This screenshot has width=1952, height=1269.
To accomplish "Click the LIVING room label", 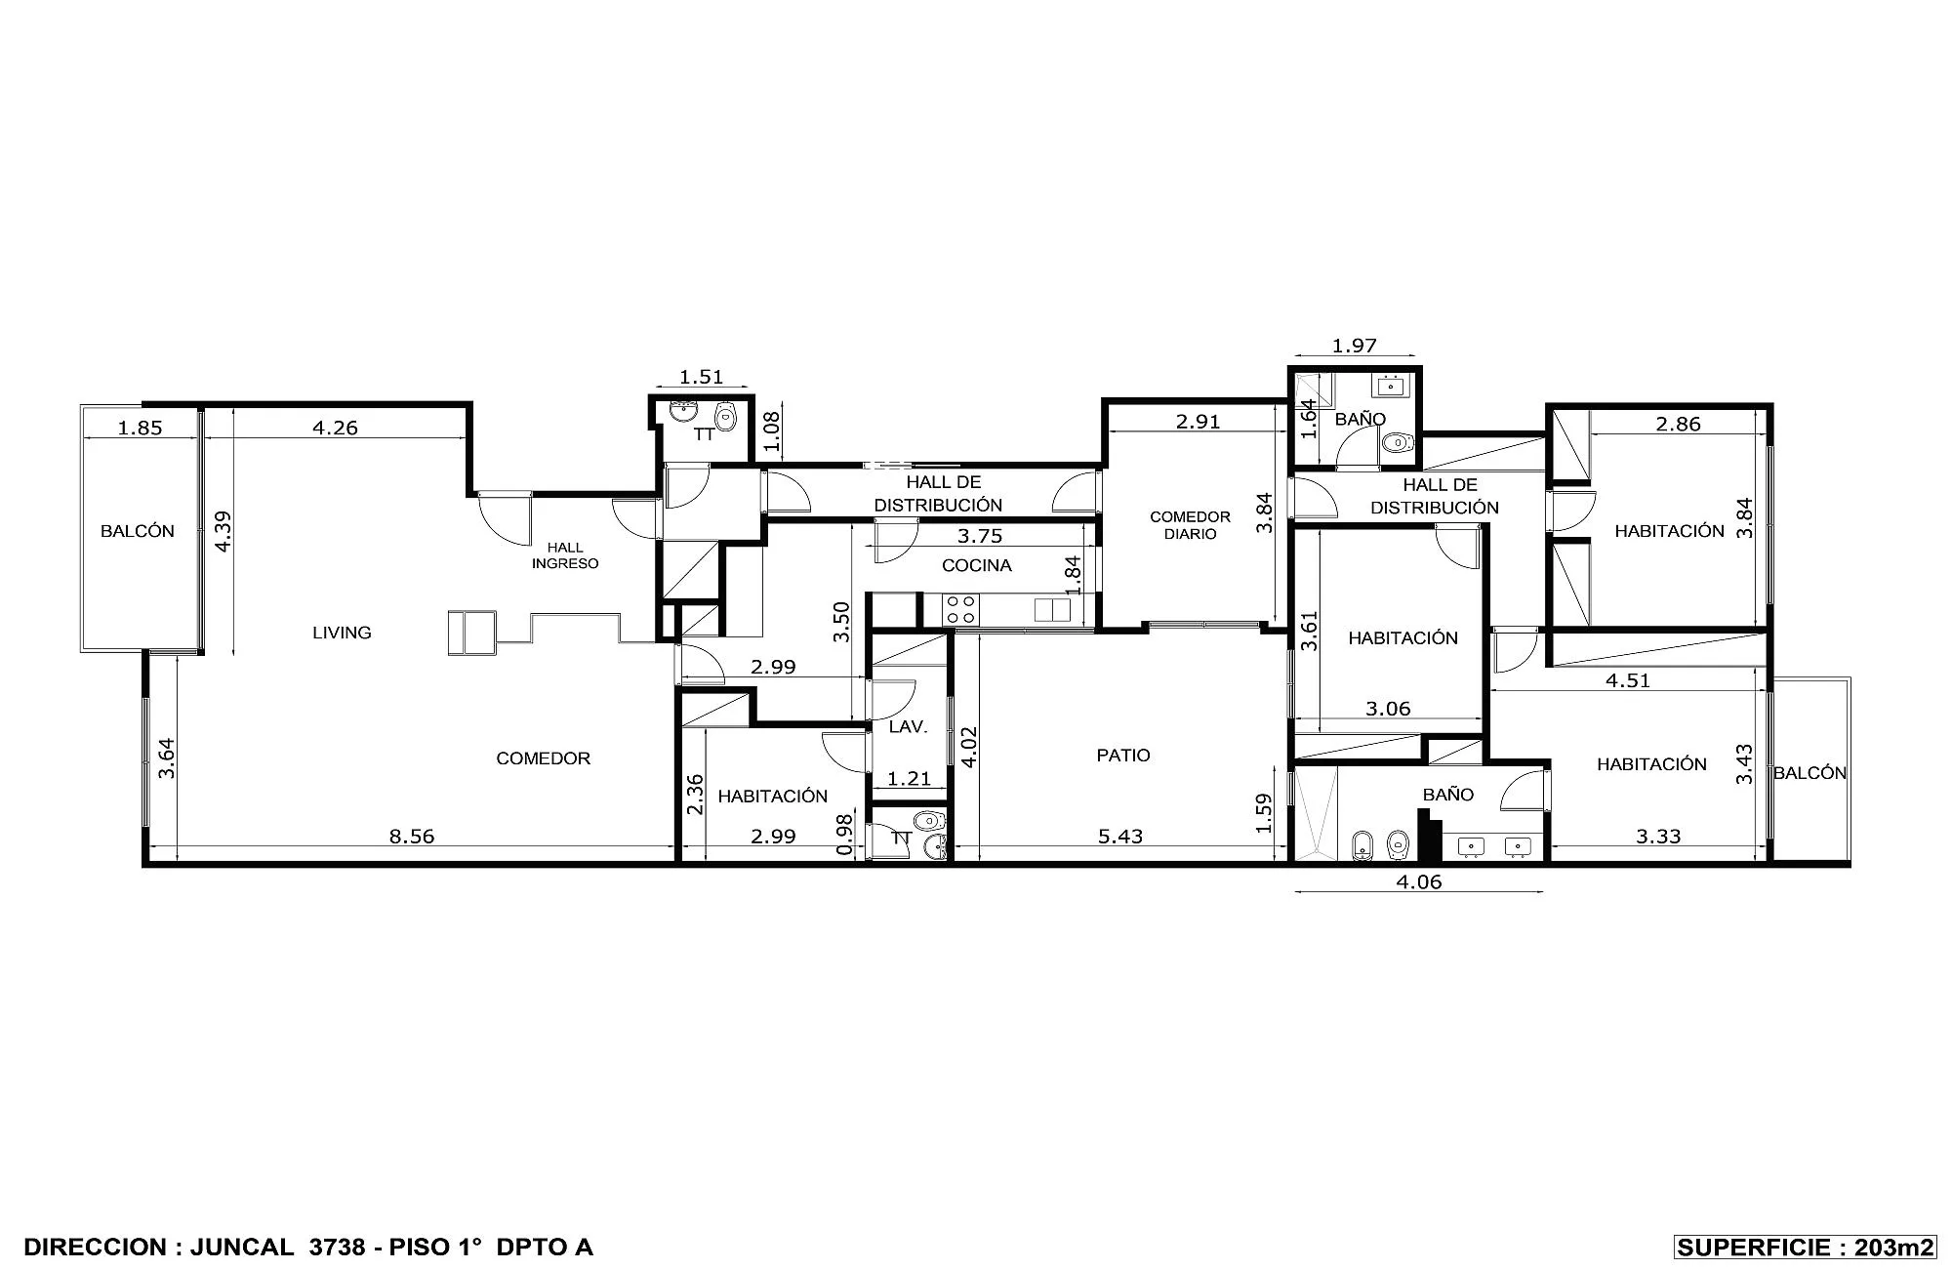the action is click(342, 633).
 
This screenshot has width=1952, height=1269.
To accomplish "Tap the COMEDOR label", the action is click(543, 758).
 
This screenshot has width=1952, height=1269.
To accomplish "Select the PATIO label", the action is click(1123, 756).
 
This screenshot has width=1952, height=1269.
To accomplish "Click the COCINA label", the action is click(976, 565).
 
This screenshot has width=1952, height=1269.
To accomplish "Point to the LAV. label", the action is click(908, 727).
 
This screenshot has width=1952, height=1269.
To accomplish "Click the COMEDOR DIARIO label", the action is click(1190, 525).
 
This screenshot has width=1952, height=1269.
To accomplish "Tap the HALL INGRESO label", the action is click(565, 555).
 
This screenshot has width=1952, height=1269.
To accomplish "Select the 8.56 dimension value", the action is click(412, 837).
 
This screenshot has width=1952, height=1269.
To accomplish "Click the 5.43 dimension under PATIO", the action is click(1119, 837).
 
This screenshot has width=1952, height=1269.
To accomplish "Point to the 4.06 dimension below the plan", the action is click(1419, 882).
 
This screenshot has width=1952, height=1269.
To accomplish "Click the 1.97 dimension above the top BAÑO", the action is click(1354, 346).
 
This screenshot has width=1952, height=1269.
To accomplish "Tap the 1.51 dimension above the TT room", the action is click(701, 377).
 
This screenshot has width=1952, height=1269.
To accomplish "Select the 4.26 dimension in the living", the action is click(335, 427).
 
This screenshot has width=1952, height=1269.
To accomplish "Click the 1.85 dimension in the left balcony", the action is click(140, 427).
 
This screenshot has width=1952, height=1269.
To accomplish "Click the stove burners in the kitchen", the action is click(960, 610).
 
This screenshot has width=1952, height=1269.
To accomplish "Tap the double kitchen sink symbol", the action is click(1052, 610).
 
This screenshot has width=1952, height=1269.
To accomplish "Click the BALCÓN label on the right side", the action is click(1810, 773).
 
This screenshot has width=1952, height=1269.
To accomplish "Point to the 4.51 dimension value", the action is click(1628, 681).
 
